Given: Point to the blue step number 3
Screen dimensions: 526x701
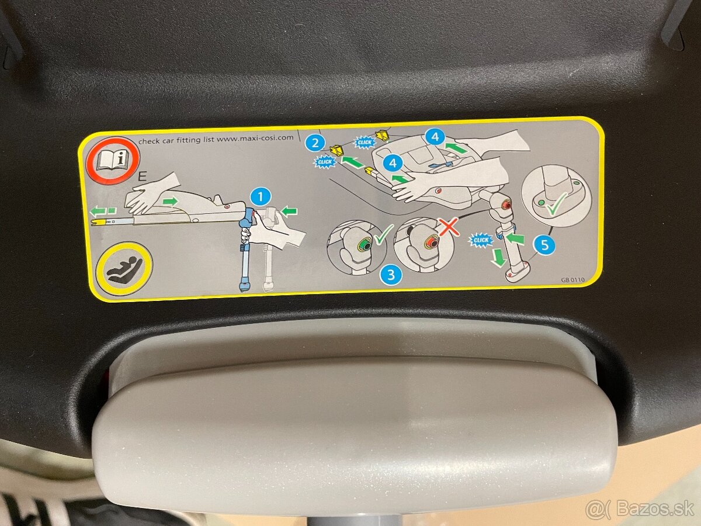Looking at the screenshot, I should coord(391,274).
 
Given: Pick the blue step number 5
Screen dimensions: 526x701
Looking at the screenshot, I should coord(544,245).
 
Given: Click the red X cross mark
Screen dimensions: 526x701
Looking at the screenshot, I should coord(449,226).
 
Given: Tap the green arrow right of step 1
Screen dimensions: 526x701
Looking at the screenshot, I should coord(288,210).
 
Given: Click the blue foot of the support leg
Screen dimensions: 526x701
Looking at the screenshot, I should coord(244,285).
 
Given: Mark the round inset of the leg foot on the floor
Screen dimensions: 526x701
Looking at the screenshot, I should coord(556,194).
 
